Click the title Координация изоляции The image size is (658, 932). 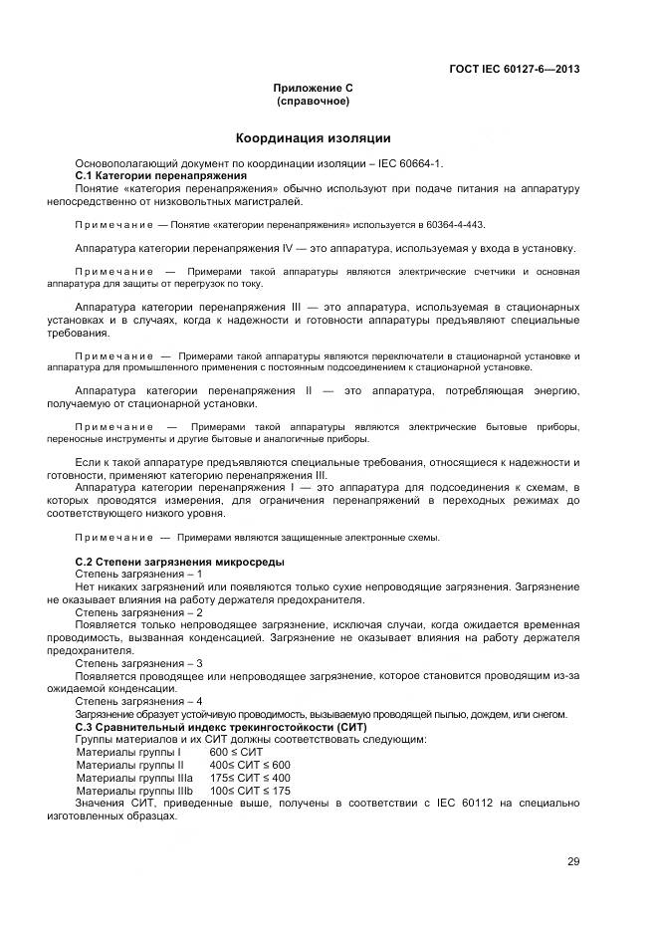[x=313, y=137]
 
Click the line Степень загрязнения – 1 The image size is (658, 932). [x=139, y=575]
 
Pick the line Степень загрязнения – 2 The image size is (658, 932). [x=139, y=612]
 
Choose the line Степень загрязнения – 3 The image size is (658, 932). [x=139, y=662]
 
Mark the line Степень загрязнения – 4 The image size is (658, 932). [x=139, y=701]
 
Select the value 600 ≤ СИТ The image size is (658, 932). [x=233, y=752]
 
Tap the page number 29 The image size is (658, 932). [x=573, y=862]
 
